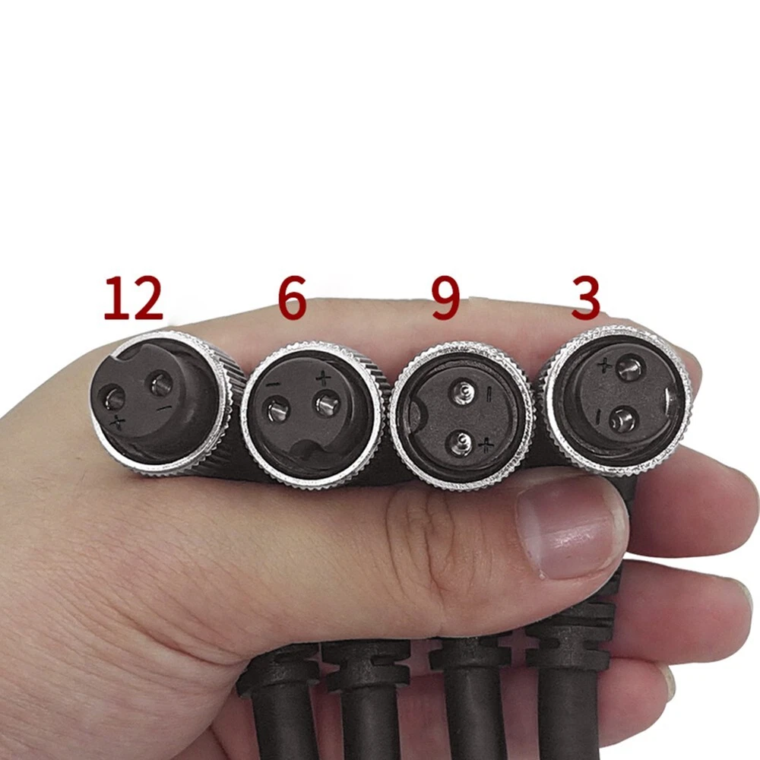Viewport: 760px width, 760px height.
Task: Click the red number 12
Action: coord(133,298)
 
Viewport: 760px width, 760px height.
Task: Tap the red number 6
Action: coord(293,298)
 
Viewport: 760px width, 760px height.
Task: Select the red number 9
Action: coord(445,298)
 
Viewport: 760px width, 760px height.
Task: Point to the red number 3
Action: coord(585,298)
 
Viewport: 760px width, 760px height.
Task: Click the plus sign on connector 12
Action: coord(117,423)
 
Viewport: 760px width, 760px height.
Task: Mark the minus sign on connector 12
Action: coord(164,408)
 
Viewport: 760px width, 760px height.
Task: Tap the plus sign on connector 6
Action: coord(323,378)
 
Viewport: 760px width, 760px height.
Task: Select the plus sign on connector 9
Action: coord(486,445)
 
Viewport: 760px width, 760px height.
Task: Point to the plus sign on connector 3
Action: coord(604,365)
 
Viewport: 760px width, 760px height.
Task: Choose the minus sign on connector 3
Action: coord(599,416)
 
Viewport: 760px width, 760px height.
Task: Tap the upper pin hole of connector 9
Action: coord(464,391)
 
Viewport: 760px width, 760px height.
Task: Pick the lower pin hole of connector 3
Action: coord(621,419)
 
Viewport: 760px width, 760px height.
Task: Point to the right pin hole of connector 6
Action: coord(326,404)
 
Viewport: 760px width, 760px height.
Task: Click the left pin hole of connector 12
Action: coord(112,399)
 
